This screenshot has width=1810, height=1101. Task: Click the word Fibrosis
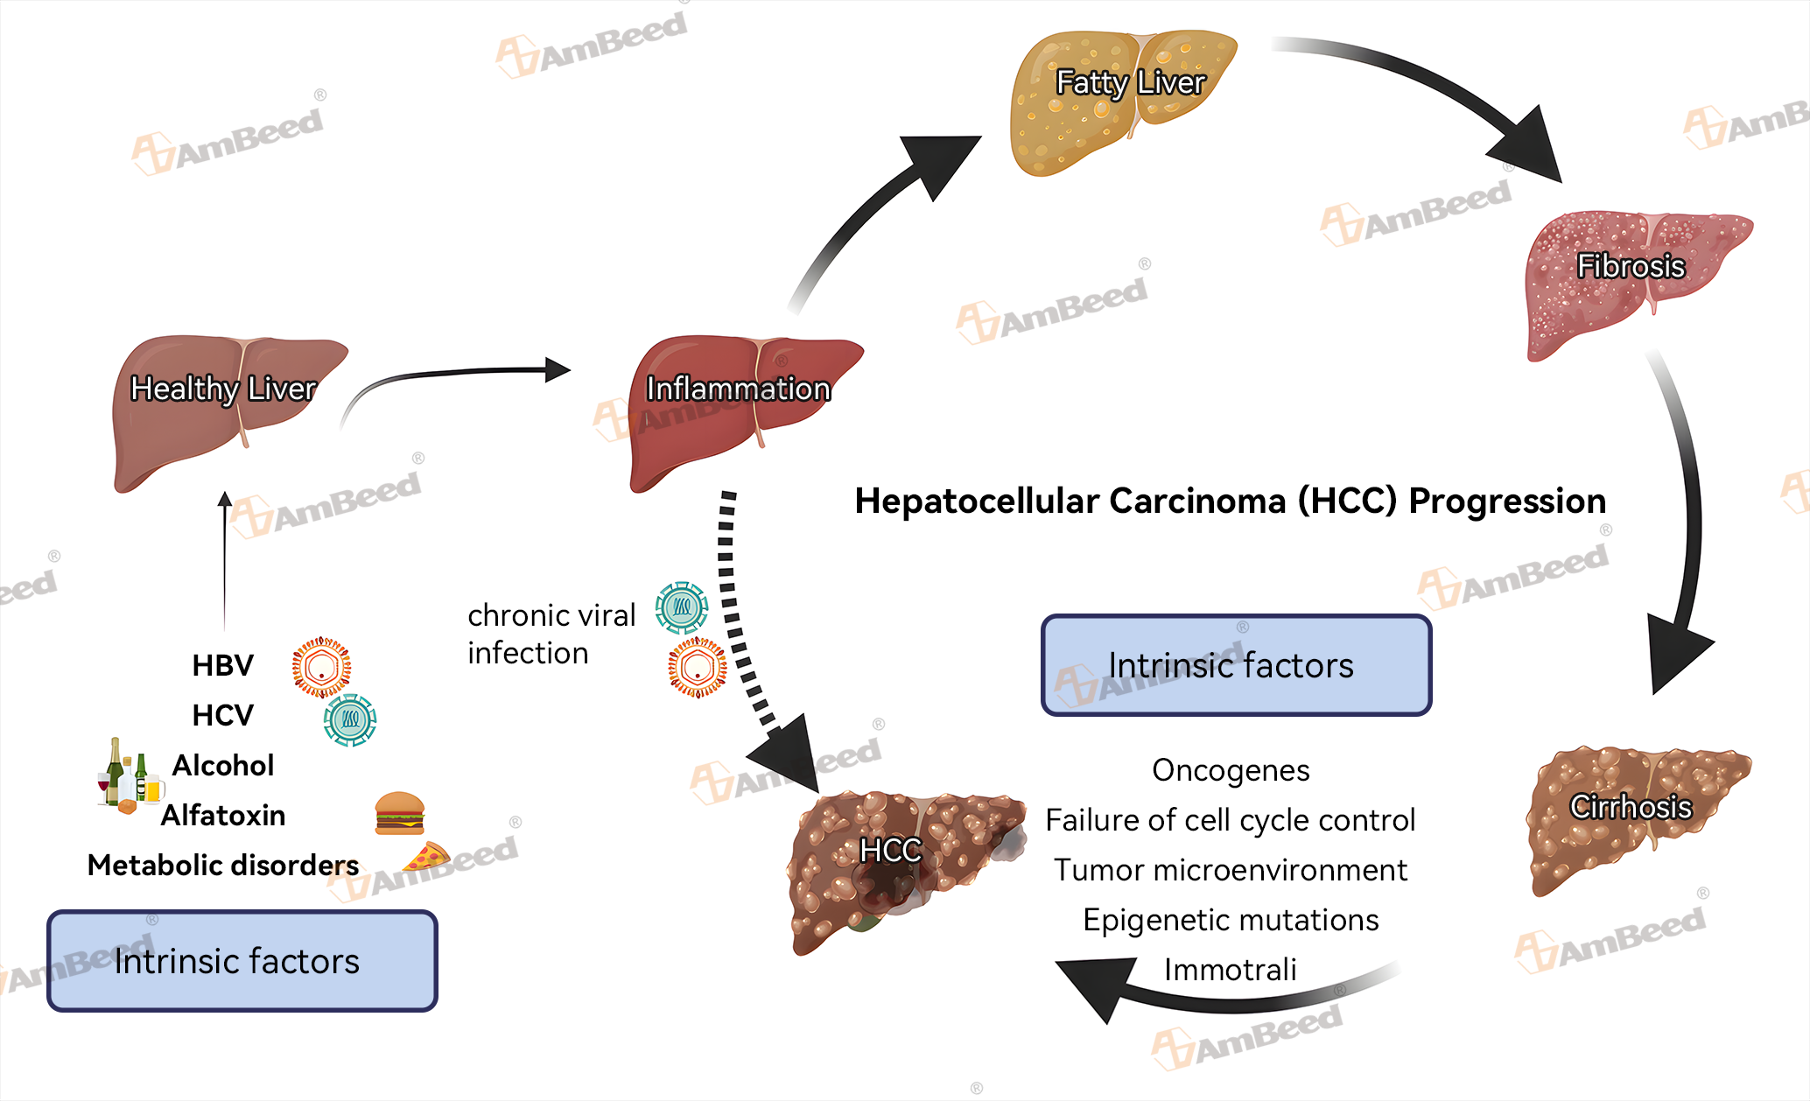coord(1631,266)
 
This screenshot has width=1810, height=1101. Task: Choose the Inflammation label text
coord(738,389)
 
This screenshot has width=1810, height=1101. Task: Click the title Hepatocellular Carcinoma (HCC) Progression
coord(1230,501)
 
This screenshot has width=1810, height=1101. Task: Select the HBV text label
coord(222,665)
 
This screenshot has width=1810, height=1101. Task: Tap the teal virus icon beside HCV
coord(350,719)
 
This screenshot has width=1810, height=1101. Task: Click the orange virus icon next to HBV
coord(322,667)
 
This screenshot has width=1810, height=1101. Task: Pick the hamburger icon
coord(400,813)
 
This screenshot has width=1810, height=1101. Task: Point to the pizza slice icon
coord(426,857)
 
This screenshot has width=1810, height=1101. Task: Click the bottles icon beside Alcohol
coord(128,775)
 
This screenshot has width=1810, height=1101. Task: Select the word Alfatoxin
coord(223,816)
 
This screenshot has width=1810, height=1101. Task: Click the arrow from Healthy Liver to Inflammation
coord(455,375)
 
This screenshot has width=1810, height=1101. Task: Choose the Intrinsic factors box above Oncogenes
coord(1236,665)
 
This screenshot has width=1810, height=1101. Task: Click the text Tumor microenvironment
coord(1230,870)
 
